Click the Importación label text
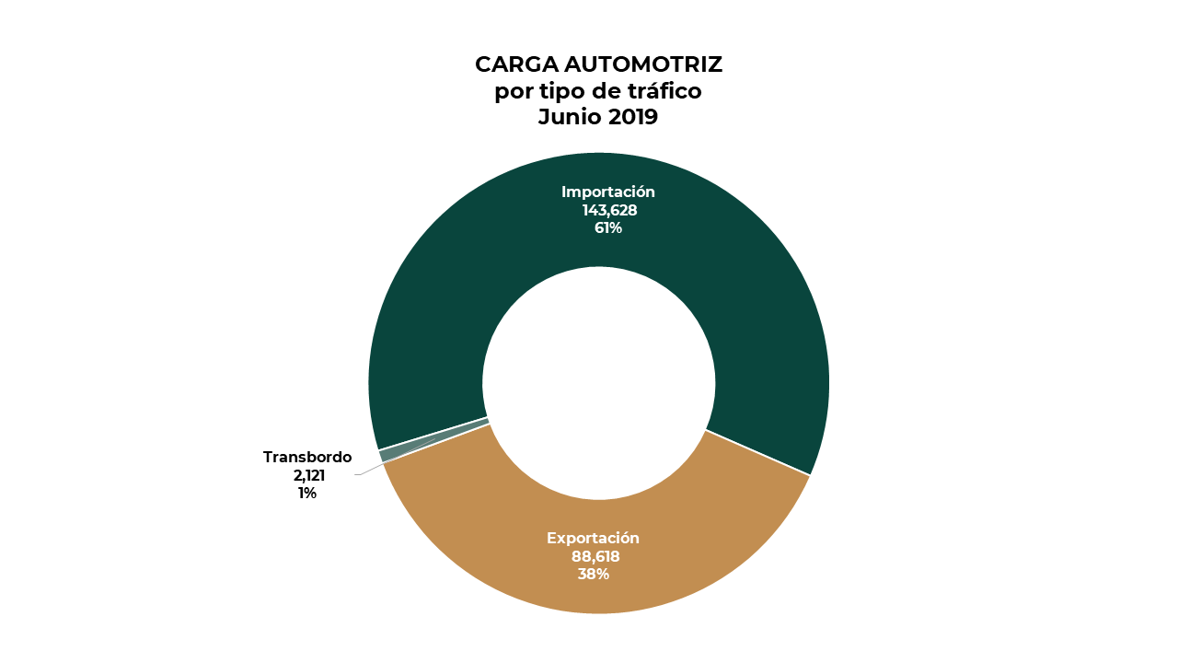coord(608,192)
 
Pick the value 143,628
coord(609,210)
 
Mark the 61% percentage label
coord(608,227)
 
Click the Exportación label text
coord(593,538)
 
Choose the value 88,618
coord(594,556)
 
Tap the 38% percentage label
coord(594,574)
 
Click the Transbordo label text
coord(307,457)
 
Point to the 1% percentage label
coord(307,494)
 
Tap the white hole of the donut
coord(599,383)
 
